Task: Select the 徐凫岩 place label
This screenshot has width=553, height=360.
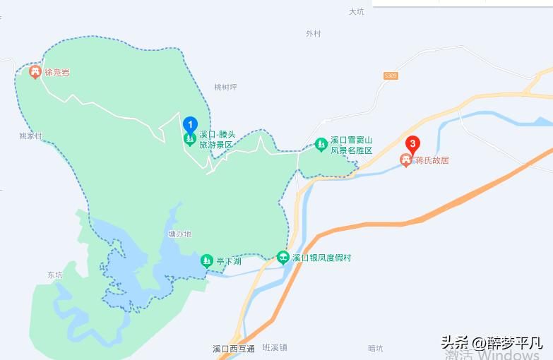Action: tap(57, 72)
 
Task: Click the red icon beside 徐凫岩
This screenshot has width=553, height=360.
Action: tap(35, 71)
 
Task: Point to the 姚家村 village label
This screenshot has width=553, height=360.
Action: tap(31, 136)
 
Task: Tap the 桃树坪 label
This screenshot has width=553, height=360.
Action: tap(225, 87)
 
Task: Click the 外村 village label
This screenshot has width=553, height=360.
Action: tap(313, 33)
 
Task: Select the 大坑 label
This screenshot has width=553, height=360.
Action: tap(356, 11)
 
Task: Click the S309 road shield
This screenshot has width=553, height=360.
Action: tap(391, 76)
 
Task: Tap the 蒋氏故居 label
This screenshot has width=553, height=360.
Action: tap(432, 160)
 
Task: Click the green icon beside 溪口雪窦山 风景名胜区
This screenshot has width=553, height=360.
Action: tap(321, 145)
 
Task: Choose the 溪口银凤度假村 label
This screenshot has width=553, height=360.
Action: tap(321, 258)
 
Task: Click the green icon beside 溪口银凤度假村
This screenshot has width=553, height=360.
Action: tap(283, 258)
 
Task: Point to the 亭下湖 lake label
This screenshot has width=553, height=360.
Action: tap(229, 261)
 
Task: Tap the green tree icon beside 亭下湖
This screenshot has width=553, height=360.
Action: tap(207, 260)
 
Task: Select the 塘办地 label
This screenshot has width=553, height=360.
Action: tap(180, 234)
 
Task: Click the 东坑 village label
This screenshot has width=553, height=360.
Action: tap(55, 275)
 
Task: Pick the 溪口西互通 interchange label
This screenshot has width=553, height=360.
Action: tap(233, 348)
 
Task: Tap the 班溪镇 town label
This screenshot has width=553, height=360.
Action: tap(275, 347)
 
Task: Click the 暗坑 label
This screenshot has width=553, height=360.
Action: tap(375, 348)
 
